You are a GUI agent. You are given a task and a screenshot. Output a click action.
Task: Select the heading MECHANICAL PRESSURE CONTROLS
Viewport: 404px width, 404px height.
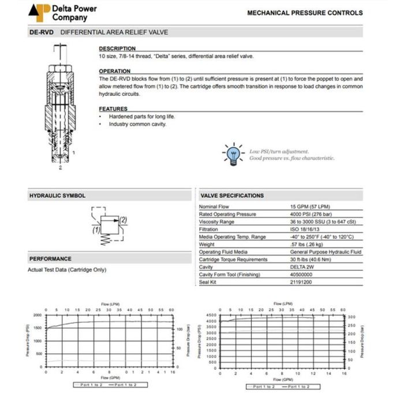coord(305,13)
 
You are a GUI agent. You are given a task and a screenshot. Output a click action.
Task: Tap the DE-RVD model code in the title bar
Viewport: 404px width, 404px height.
coord(42,32)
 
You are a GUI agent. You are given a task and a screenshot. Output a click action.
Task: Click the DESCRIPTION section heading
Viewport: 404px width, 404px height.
coord(117,48)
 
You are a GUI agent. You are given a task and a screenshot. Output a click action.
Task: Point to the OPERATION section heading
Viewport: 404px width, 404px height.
coord(115,71)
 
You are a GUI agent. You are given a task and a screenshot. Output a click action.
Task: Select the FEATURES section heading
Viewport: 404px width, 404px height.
coord(113,109)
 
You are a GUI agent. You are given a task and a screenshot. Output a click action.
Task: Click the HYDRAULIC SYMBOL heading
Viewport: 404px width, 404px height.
coord(57,196)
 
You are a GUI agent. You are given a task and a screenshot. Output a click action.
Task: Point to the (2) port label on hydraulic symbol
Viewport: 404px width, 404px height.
coord(122,220)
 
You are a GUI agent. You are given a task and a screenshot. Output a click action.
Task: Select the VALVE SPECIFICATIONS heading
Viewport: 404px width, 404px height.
coord(232,196)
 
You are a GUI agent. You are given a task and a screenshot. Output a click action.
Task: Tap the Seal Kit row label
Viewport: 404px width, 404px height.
coord(208,282)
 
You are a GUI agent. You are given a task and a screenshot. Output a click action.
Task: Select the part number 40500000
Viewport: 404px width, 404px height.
coord(304,274)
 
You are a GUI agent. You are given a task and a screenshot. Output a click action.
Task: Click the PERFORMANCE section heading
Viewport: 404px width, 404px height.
coord(50,259)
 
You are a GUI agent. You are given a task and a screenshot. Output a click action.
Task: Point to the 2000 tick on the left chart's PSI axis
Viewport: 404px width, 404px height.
coord(38,315)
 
